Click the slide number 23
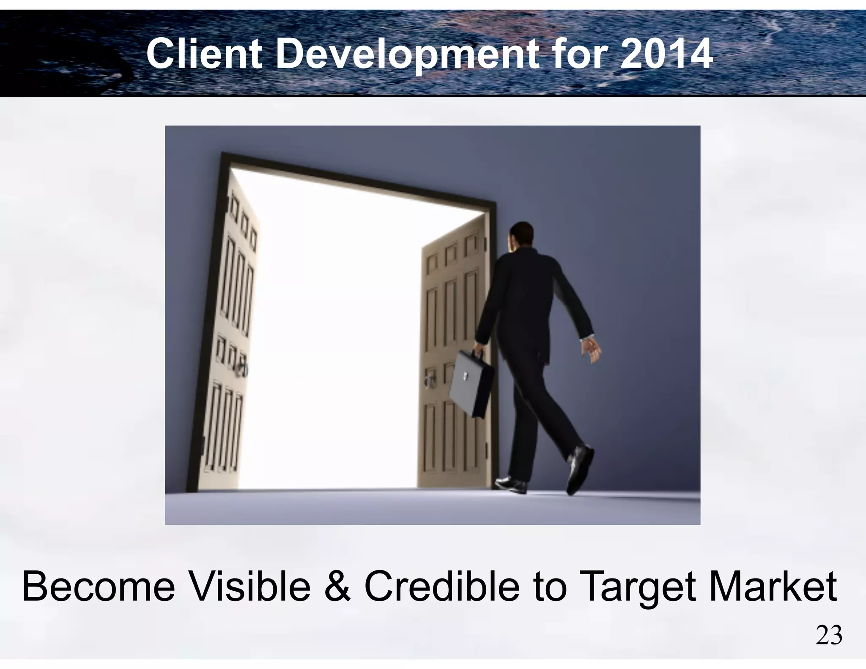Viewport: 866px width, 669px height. pyautogui.click(x=829, y=636)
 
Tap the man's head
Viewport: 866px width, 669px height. pyautogui.click(x=521, y=236)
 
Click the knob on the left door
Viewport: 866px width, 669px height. pyautogui.click(x=241, y=369)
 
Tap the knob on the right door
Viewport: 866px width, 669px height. pyautogui.click(x=429, y=377)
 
